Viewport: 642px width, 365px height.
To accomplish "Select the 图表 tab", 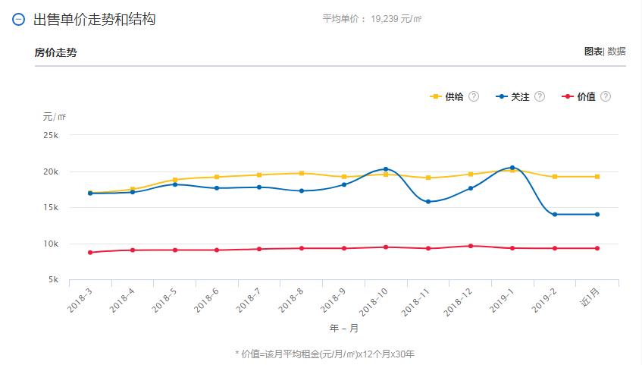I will [x=593, y=52].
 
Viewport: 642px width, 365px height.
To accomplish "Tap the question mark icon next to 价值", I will [x=605, y=96].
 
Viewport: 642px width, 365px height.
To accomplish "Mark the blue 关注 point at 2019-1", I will [x=512, y=168].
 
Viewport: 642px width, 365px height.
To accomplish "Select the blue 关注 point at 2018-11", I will [x=428, y=202].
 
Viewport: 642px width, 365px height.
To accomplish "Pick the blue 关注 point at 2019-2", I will [x=555, y=214].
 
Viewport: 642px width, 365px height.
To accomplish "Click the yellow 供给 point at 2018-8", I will [x=302, y=173].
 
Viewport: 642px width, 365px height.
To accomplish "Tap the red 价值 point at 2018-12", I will [x=470, y=246].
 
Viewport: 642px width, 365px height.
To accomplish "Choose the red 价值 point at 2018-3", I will [x=90, y=252].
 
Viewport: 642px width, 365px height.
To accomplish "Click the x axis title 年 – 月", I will [x=343, y=329].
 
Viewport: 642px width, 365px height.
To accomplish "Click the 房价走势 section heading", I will [x=55, y=52].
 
